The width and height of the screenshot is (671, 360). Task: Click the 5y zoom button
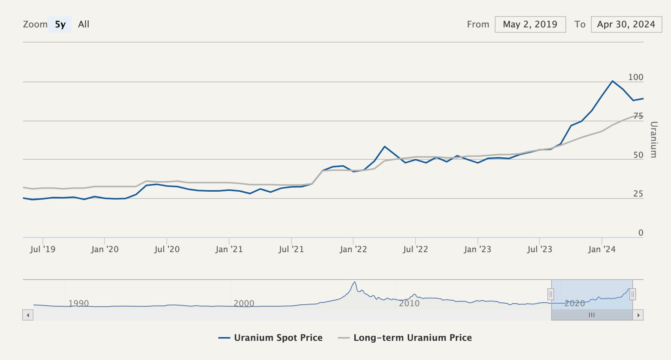tap(60, 24)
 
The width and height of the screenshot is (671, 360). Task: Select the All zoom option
tap(83, 24)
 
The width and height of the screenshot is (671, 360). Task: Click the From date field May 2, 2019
tap(530, 24)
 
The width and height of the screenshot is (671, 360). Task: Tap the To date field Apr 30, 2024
tap(626, 24)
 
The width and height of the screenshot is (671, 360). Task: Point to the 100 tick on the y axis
tap(636, 77)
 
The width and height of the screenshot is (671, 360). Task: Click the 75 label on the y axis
tap(638, 116)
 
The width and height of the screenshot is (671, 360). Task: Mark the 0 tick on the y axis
tap(641, 233)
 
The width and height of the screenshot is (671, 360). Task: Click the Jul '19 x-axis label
tap(42, 249)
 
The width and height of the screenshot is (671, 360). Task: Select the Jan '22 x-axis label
tap(353, 249)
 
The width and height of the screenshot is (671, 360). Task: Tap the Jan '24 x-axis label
tap(601, 249)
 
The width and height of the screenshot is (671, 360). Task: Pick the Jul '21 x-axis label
tap(291, 249)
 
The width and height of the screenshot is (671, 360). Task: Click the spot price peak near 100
tap(612, 81)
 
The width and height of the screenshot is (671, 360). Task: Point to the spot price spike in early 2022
tap(384, 147)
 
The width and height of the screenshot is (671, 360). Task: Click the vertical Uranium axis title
tap(654, 139)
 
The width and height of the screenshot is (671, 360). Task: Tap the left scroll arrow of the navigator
tap(28, 315)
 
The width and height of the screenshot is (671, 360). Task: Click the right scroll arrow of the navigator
tap(638, 315)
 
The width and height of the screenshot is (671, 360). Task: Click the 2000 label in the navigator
tap(244, 303)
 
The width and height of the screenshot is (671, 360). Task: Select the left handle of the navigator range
tap(551, 294)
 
